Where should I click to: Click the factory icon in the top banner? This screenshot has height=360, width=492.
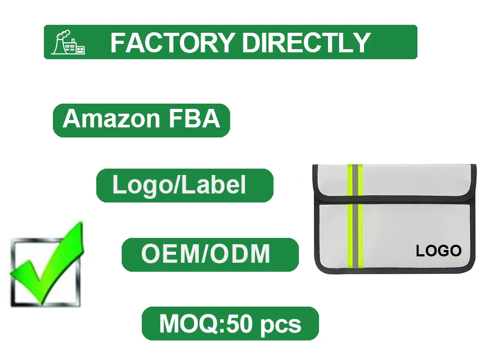68,42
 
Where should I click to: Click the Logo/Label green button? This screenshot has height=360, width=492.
185,186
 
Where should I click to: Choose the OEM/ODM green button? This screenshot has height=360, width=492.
210,254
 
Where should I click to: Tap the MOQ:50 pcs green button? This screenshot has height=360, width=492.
230,324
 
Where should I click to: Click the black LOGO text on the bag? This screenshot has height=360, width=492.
439,251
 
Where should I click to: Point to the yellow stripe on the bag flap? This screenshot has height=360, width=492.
354,181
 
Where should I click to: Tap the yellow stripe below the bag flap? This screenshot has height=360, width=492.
354,235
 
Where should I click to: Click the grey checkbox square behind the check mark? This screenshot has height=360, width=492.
21,285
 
